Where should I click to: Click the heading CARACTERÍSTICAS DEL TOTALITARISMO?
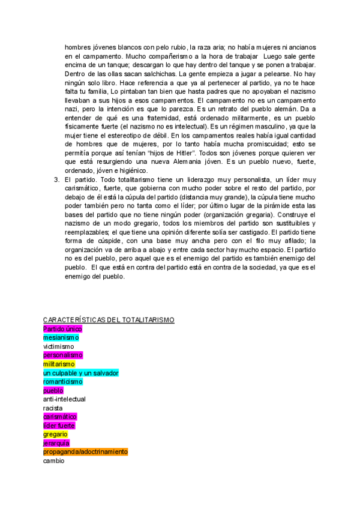(x=109, y=320)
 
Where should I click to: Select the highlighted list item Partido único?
(x=62, y=329)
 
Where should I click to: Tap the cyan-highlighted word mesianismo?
(x=62, y=337)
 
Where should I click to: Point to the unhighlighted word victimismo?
(x=59, y=346)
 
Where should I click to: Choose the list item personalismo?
(x=63, y=355)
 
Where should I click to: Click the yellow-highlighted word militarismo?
(x=59, y=364)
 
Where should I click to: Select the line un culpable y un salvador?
(x=81, y=373)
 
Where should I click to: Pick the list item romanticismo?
(x=63, y=381)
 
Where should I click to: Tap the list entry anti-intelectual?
(x=64, y=399)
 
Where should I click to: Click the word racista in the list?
(x=53, y=408)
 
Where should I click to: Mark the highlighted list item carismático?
(x=60, y=417)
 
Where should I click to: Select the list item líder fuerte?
(x=59, y=426)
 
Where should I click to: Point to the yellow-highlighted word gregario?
(x=55, y=434)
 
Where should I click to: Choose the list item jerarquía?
(x=56, y=443)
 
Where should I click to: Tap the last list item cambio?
(x=53, y=460)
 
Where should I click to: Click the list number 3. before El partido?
(x=56, y=179)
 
